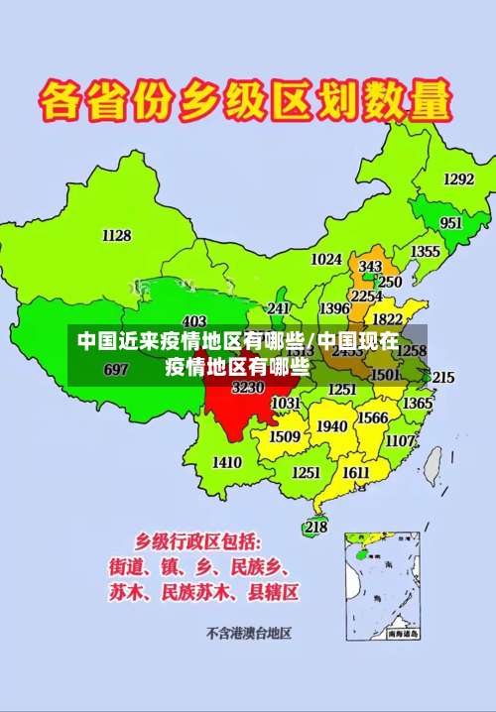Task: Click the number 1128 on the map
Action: [116, 235]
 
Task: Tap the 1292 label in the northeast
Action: [458, 179]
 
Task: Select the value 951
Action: [451, 223]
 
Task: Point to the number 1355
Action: [426, 252]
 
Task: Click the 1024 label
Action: [326, 259]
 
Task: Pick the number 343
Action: [370, 267]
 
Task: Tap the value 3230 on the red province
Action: [248, 388]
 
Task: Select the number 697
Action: [116, 370]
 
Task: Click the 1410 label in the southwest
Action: [227, 462]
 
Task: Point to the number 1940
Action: [331, 426]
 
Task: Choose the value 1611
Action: [356, 473]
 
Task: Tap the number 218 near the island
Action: [315, 528]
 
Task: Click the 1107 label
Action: [401, 440]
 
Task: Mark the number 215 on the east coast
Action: [443, 378]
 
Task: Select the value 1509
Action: [285, 436]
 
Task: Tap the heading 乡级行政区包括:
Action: [199, 542]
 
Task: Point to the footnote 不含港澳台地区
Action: [248, 632]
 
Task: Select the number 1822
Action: [388, 319]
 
